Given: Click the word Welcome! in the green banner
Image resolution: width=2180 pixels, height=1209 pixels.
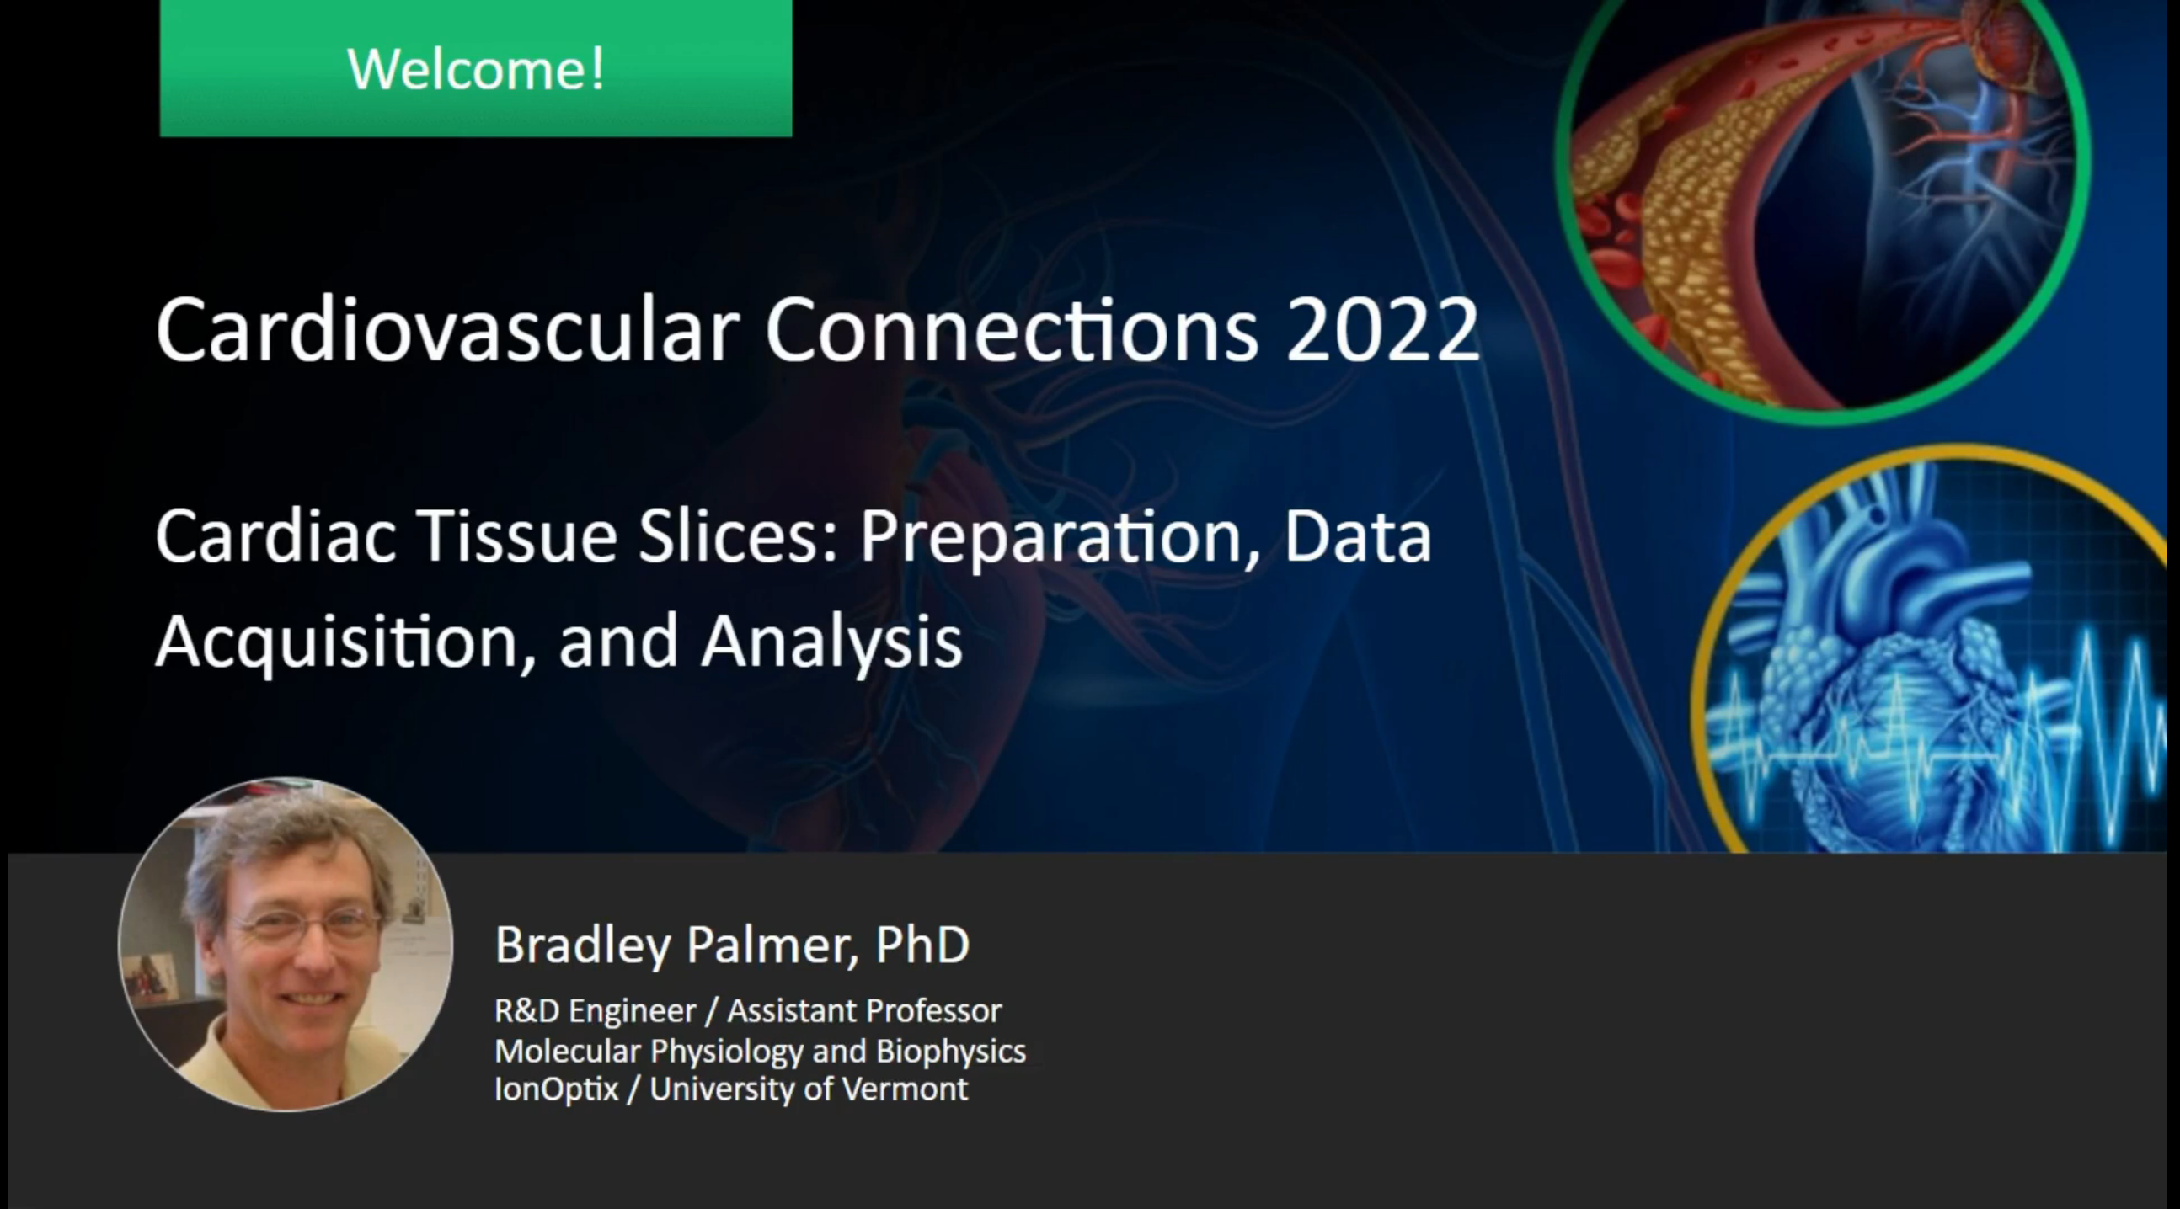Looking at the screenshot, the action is click(x=477, y=68).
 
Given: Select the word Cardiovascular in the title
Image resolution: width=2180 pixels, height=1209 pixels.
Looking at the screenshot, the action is click(x=447, y=329).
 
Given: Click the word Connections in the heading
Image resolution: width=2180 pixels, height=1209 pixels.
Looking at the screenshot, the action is click(x=1013, y=330).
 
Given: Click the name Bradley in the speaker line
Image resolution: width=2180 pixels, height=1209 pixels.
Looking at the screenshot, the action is click(x=583, y=945).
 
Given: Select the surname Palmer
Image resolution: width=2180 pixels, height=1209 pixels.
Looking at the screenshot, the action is click(x=770, y=945).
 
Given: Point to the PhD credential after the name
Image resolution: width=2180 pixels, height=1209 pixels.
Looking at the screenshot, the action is click(x=922, y=944).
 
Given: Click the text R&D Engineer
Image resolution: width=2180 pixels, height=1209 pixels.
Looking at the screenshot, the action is click(x=596, y=1011).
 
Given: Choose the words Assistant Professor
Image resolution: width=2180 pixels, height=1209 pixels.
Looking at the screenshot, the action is click(x=865, y=1011).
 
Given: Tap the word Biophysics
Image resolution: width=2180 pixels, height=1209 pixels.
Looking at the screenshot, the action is click(x=951, y=1052).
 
